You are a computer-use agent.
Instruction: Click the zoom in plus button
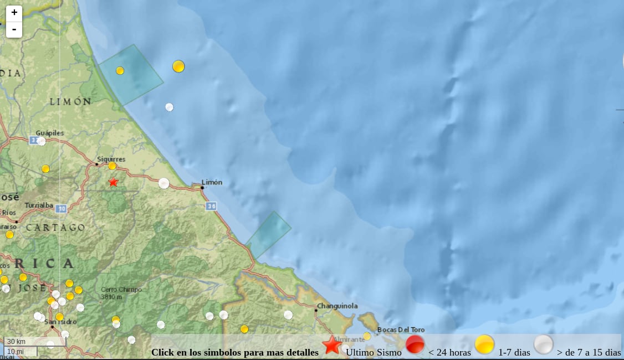[14, 13]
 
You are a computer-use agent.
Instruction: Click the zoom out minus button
[14, 29]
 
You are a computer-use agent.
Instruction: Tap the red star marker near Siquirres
[113, 182]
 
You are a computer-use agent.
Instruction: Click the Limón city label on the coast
[212, 182]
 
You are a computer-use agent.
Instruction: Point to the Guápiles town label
[50, 133]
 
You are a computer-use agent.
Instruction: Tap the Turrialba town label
[38, 205]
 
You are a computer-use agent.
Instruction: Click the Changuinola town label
[337, 306]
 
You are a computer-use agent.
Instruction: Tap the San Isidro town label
[60, 322]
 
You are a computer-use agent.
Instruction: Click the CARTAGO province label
[55, 228]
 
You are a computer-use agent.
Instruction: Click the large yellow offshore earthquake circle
[178, 66]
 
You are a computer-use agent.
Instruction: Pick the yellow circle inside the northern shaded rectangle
[120, 70]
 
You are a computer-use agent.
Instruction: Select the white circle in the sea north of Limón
[169, 107]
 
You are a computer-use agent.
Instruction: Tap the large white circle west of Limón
[163, 183]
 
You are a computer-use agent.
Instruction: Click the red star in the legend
[332, 346]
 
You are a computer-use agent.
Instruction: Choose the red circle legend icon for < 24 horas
[415, 345]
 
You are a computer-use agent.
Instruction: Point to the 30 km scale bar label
[17, 341]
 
